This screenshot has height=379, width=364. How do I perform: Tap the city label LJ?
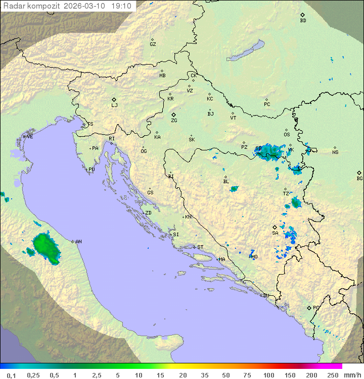click(114, 105)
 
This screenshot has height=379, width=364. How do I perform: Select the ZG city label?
click(174, 121)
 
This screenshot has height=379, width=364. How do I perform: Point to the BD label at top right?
click(303, 21)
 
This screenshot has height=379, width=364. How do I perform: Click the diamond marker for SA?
click(275, 227)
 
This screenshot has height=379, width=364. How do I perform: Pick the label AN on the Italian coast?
click(78, 242)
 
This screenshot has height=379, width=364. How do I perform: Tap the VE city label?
click(30, 137)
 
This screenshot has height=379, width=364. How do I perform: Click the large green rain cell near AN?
click(45, 246)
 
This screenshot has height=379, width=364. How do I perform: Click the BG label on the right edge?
click(359, 178)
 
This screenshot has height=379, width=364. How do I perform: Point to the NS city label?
click(335, 152)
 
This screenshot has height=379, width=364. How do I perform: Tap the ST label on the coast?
click(200, 247)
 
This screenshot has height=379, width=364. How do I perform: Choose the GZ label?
click(153, 44)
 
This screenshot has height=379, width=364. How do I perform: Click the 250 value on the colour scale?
click(333, 375)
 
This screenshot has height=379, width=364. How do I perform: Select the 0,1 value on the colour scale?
click(11, 375)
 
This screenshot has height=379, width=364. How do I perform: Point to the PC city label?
click(267, 104)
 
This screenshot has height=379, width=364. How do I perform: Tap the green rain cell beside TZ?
click(296, 203)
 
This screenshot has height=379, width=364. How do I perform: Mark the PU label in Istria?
click(92, 170)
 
